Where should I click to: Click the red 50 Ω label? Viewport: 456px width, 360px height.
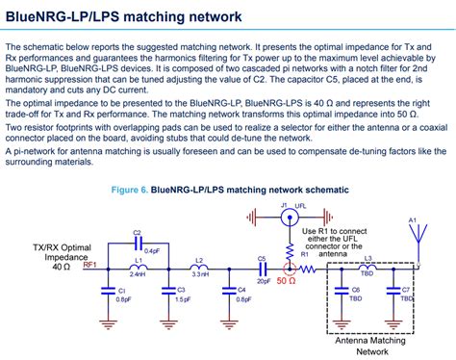286,282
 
